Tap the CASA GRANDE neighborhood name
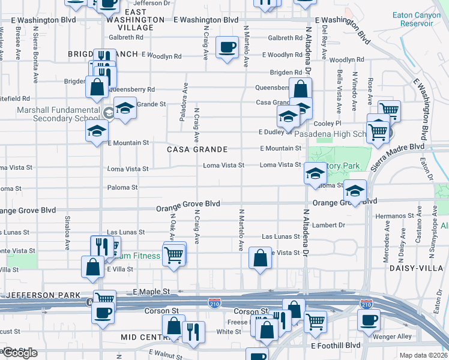(197, 149)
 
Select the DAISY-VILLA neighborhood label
(421, 268)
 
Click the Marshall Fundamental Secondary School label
(50, 114)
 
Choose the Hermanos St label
(391, 216)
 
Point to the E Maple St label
(148, 292)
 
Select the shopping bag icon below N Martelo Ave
(260, 259)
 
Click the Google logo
(19, 353)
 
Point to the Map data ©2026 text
(424, 355)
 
